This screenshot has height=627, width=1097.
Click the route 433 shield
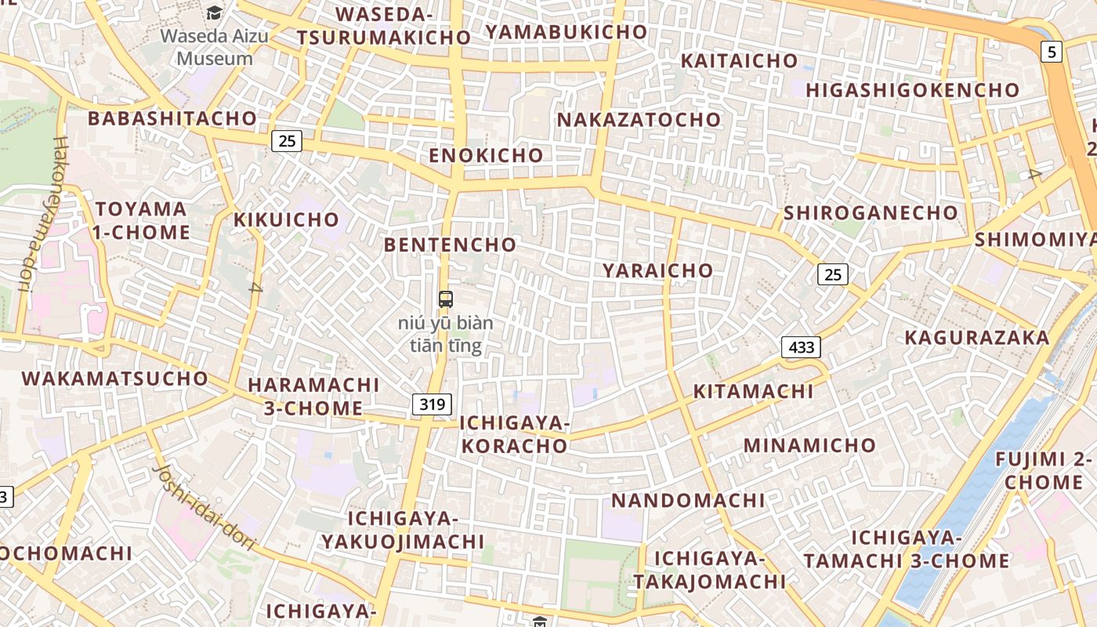click(x=800, y=346)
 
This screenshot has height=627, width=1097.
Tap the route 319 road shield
click(x=432, y=404)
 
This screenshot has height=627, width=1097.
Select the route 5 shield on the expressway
click(x=1051, y=53)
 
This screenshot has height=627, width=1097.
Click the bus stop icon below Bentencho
click(x=445, y=299)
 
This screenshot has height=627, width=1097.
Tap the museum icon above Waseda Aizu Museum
click(x=214, y=13)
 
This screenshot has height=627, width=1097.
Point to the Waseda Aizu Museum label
click(x=214, y=47)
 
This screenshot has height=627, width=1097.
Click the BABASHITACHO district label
click(x=172, y=118)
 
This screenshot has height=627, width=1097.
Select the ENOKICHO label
click(x=486, y=155)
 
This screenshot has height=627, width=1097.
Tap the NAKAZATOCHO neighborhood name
click(x=639, y=120)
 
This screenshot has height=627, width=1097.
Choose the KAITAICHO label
click(x=739, y=61)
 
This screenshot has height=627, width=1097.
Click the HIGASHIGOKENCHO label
click(x=912, y=90)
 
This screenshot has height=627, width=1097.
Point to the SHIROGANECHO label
click(x=871, y=212)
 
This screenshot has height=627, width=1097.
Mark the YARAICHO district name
click(x=658, y=270)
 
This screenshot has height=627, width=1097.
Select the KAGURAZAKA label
click(x=976, y=338)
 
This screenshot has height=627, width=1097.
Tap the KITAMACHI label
click(x=753, y=391)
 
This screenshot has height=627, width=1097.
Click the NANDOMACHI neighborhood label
click(x=688, y=500)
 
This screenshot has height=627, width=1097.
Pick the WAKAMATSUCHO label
click(x=114, y=379)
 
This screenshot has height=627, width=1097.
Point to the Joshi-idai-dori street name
click(x=205, y=506)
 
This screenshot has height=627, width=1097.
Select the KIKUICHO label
click(x=286, y=219)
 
